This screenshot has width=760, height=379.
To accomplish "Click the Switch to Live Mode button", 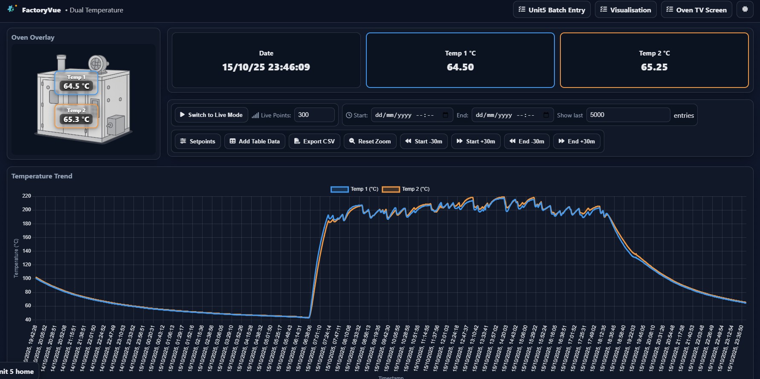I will pos(211,115).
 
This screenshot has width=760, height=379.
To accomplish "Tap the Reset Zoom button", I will pos(370,141).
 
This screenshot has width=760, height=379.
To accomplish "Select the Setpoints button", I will pos(197,141).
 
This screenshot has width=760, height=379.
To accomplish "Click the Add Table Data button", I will pos(255,141).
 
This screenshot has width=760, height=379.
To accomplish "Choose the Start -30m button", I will pos(424,141).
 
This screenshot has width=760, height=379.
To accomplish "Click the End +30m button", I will pos(577,141).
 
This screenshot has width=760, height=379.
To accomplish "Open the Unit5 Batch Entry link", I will pos(551,10).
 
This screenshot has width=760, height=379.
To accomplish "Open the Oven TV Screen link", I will pos(696,10).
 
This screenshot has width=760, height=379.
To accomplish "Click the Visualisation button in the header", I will pos(626,10).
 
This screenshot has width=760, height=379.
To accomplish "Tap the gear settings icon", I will pos(745,9).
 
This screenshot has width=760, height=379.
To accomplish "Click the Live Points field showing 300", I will pos(314,115).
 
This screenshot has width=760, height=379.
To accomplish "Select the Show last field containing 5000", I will pos(628,115).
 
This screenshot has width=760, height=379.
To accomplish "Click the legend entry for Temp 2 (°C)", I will pos(406,189).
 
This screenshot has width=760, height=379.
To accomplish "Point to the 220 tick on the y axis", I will pos(26,196).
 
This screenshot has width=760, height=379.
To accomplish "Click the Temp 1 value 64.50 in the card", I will pos(460,67).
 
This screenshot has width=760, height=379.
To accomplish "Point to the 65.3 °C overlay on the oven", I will pos(76,119).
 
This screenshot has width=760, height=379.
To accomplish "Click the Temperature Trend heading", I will pos(42,176).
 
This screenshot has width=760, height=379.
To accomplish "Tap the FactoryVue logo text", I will pos(41,10).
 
